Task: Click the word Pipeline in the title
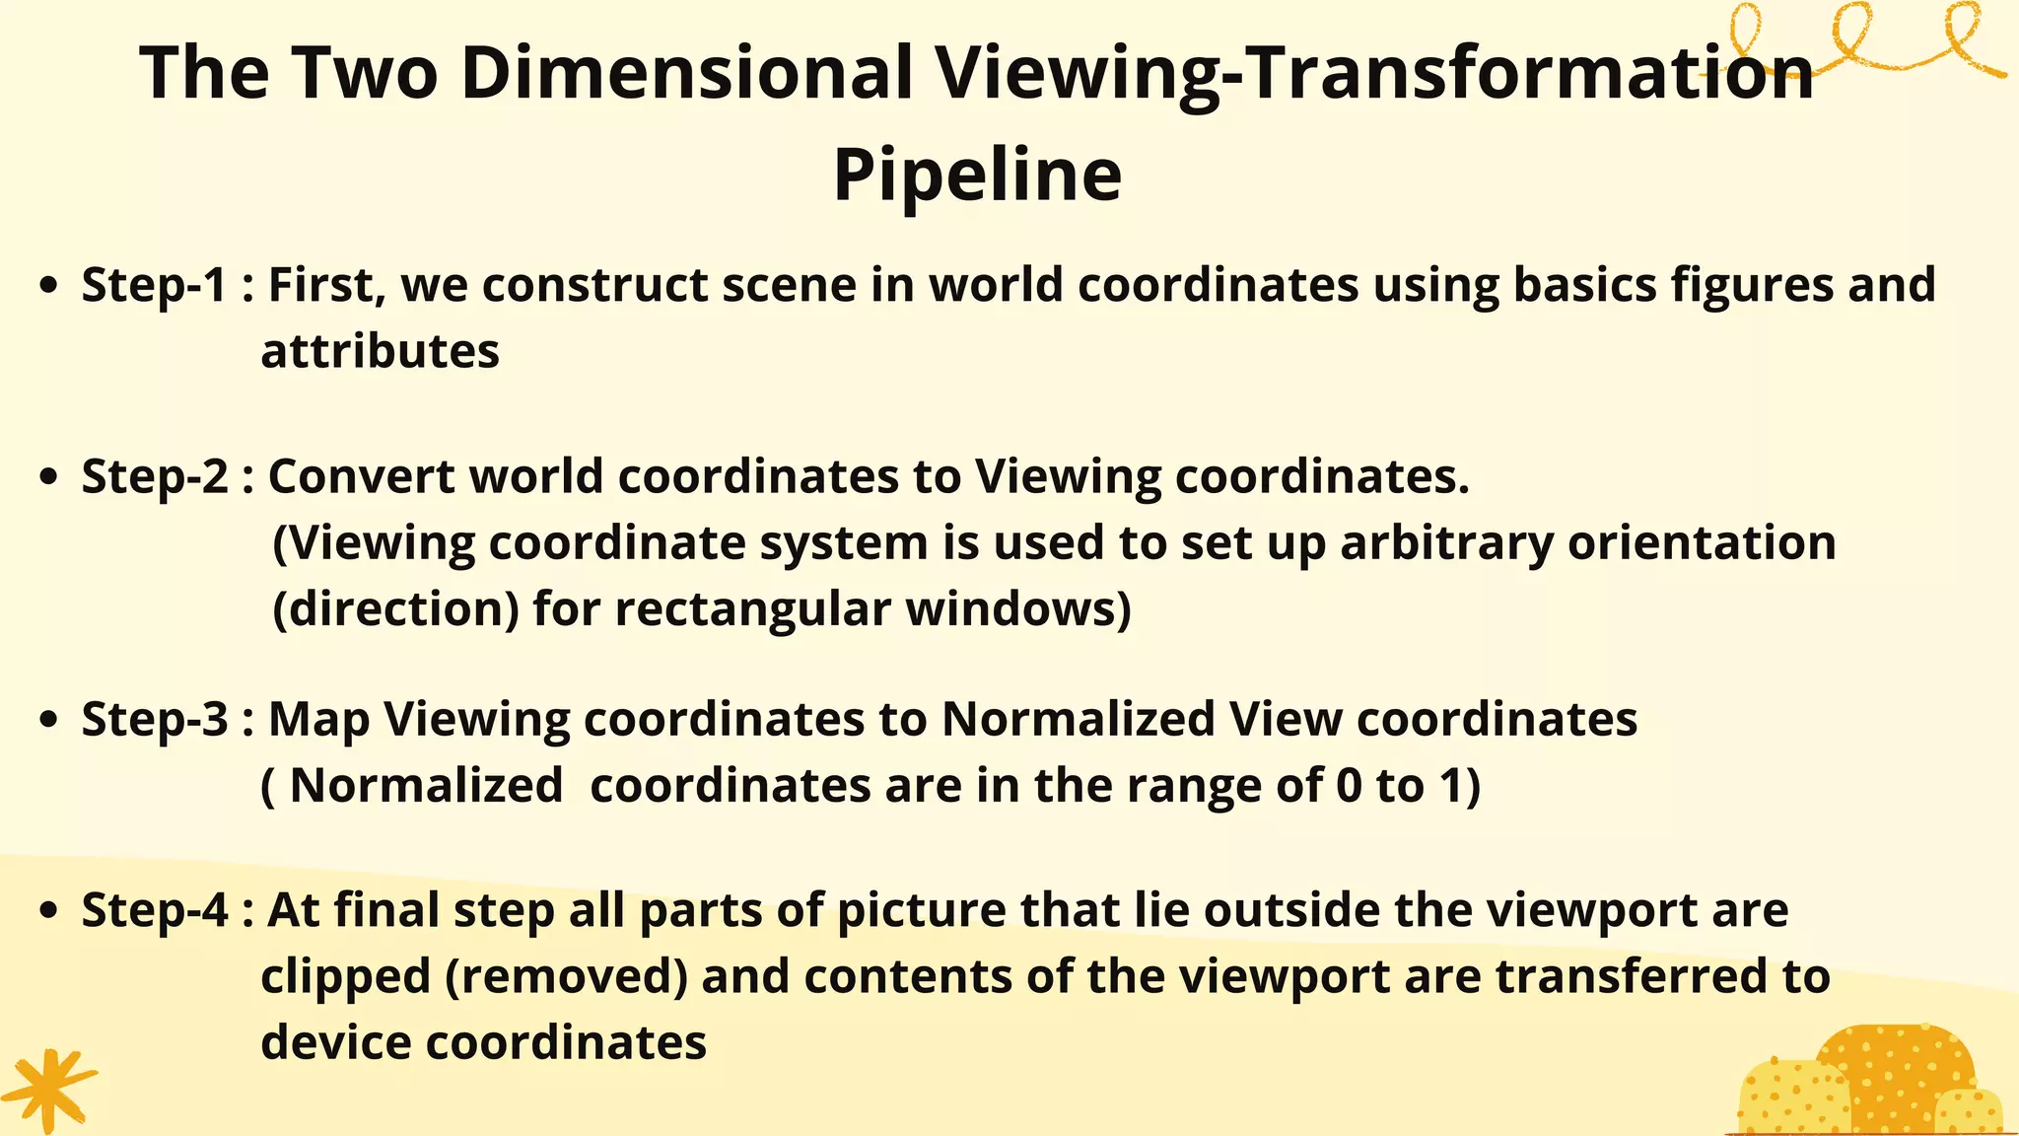coord(977,176)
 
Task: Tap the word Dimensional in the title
coord(686,73)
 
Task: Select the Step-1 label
coord(154,285)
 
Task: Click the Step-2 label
coord(154,476)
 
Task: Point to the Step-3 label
coord(154,719)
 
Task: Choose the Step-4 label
coord(154,909)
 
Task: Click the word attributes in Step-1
coord(380,351)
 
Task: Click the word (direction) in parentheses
coord(395,608)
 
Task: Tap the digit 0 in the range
coord(1349,786)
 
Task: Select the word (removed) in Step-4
coord(566,976)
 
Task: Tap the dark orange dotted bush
coord(1898,1070)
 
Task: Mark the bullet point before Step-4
coord(47,911)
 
